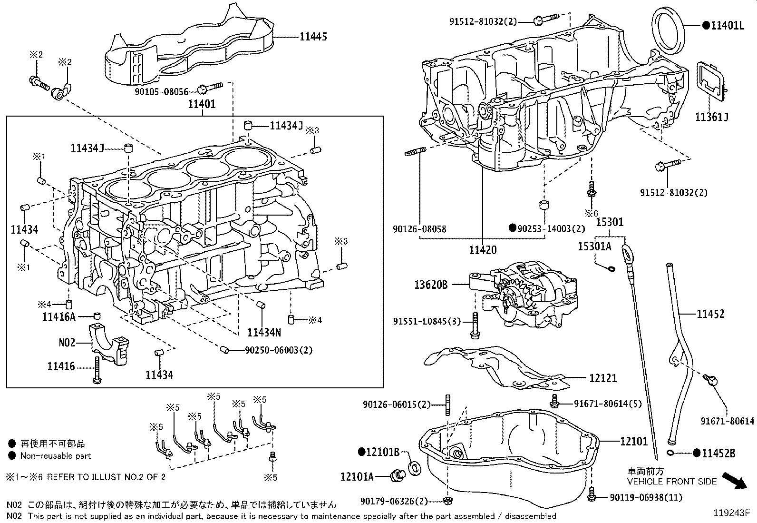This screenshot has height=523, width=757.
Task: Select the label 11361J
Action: [712, 117]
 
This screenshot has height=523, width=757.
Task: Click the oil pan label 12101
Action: [634, 442]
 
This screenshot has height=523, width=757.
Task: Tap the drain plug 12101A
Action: [396, 474]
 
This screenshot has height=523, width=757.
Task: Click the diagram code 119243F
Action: [731, 513]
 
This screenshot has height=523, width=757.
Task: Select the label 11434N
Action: [264, 331]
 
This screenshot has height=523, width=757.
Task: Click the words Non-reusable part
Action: [56, 456]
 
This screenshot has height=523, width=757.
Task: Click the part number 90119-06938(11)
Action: [646, 497]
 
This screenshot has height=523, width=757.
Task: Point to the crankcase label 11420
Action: [483, 250]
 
